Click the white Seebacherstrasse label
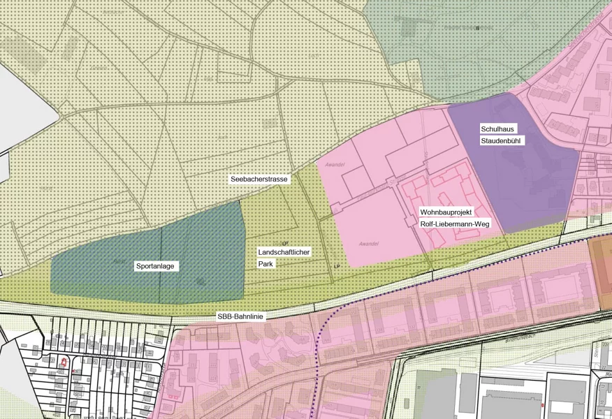coord(259,179)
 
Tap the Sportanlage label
coord(155,266)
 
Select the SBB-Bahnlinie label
coord(240,317)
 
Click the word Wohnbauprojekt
coord(446,211)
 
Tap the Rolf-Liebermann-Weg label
coord(455,224)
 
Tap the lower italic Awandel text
coord(368,244)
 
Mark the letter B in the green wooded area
coord(478,28)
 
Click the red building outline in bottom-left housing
coord(64,362)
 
